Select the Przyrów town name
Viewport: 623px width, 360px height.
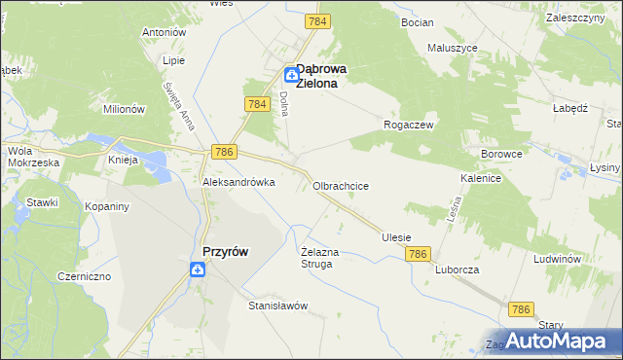(x=225, y=251)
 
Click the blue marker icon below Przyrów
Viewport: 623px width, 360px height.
(x=197, y=271)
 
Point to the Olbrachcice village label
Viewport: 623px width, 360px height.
(x=340, y=185)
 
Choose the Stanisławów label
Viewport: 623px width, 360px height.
(x=278, y=306)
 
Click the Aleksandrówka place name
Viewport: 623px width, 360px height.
(x=238, y=182)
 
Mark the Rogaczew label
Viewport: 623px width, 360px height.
(x=409, y=125)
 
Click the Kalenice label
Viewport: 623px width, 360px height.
(x=481, y=179)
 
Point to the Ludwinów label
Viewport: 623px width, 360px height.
(x=558, y=260)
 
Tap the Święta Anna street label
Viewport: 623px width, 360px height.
(x=178, y=105)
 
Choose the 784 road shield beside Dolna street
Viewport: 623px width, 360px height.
(x=257, y=103)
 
